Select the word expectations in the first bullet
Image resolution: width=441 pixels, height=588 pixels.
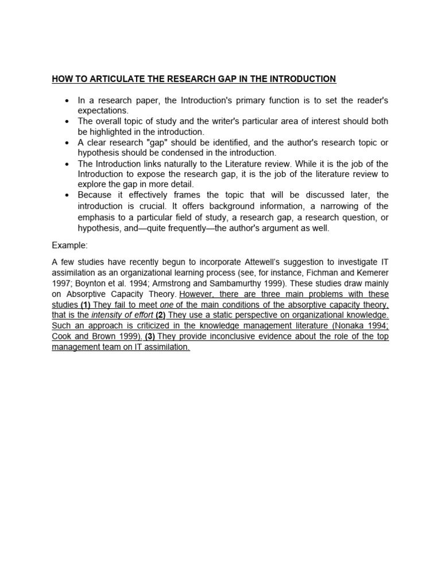103,110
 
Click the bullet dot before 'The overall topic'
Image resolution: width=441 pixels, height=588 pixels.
67,121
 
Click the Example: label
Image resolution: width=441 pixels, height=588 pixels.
69,245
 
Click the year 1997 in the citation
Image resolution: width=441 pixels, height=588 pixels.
61,284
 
